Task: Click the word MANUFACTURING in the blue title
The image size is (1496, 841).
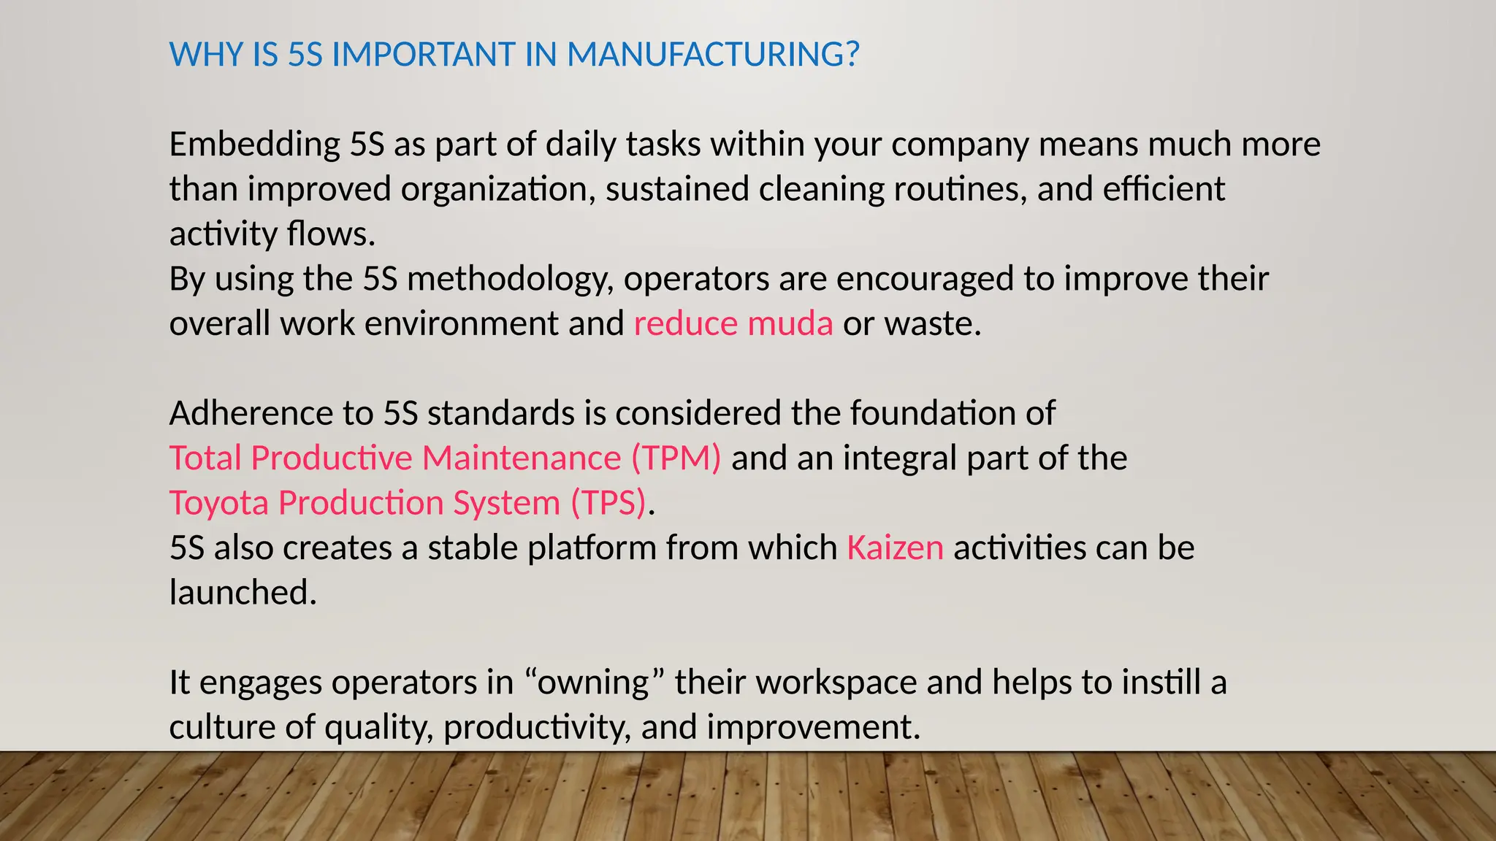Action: (713, 55)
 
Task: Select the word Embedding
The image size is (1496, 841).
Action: (254, 145)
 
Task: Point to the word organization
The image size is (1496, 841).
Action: (493, 189)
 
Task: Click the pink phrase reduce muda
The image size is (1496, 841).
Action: (733, 323)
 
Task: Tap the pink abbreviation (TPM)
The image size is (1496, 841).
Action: (676, 458)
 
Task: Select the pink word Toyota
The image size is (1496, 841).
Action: (218, 503)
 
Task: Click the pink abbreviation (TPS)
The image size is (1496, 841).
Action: (608, 503)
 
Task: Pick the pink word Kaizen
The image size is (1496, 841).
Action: (895, 548)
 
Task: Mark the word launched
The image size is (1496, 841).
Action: (242, 593)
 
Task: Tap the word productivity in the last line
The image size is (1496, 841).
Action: (537, 728)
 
